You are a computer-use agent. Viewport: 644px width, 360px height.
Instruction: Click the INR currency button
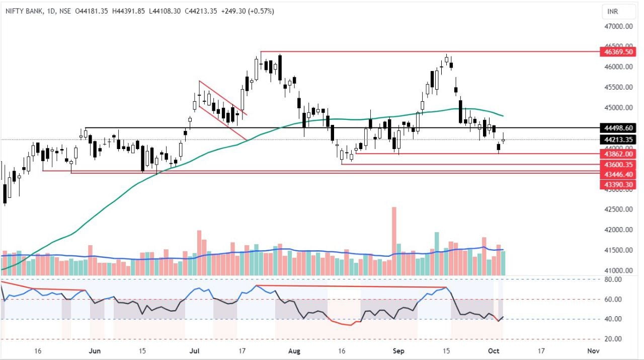pos(612,11)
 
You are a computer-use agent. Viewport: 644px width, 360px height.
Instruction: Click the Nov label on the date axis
pos(593,350)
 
